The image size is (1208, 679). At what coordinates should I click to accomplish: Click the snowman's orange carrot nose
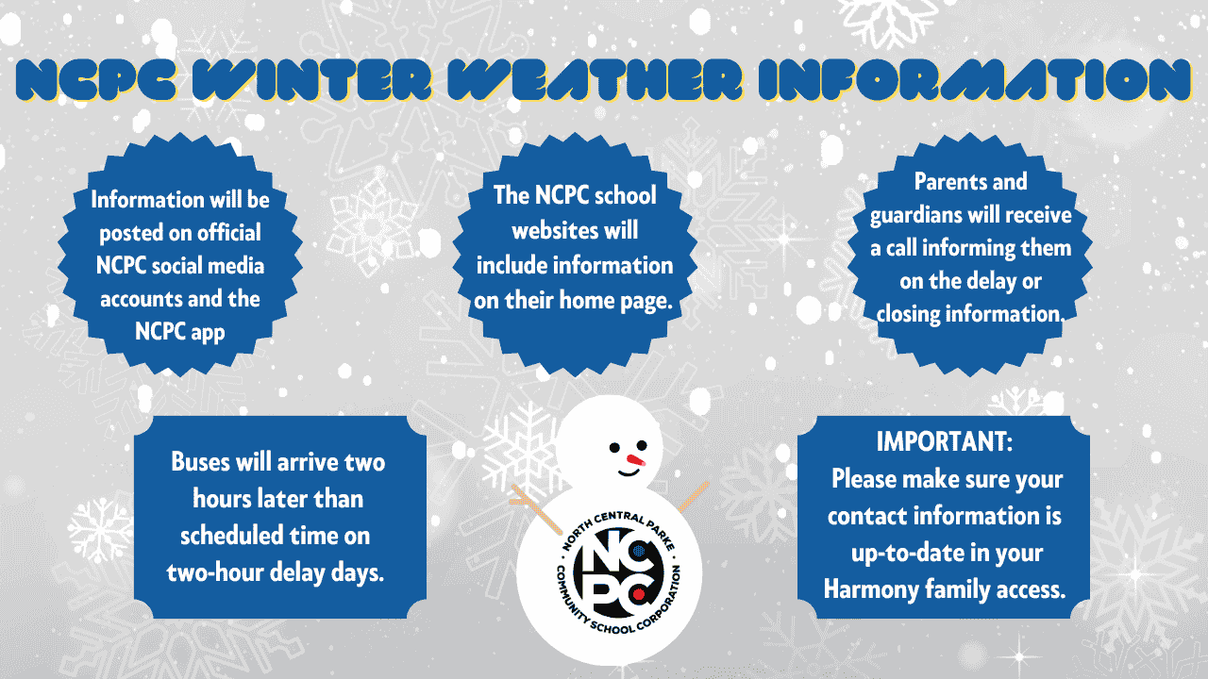coord(635,460)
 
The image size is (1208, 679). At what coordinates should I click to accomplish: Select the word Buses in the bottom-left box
coord(199,462)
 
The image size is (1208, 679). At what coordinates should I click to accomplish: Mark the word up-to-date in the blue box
coord(906,553)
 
